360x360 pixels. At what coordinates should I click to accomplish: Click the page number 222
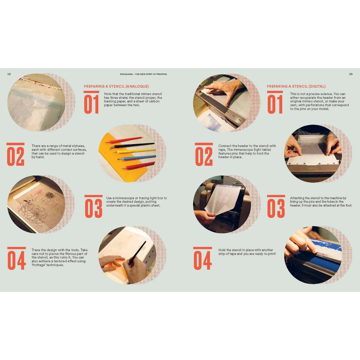[x=9, y=74]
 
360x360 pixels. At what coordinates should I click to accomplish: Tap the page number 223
[x=351, y=74]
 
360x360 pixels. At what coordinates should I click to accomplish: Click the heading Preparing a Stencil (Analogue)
[x=116, y=86]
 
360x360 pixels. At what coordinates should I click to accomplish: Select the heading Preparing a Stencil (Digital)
[x=296, y=86]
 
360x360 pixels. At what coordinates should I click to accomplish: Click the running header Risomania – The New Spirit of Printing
[x=144, y=74]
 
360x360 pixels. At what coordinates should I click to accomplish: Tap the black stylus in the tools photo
[x=132, y=145]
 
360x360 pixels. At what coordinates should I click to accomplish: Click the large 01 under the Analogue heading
[x=91, y=104]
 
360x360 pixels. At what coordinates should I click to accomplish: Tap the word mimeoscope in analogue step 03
[x=125, y=198]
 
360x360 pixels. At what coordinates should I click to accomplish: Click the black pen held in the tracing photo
[x=137, y=253]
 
